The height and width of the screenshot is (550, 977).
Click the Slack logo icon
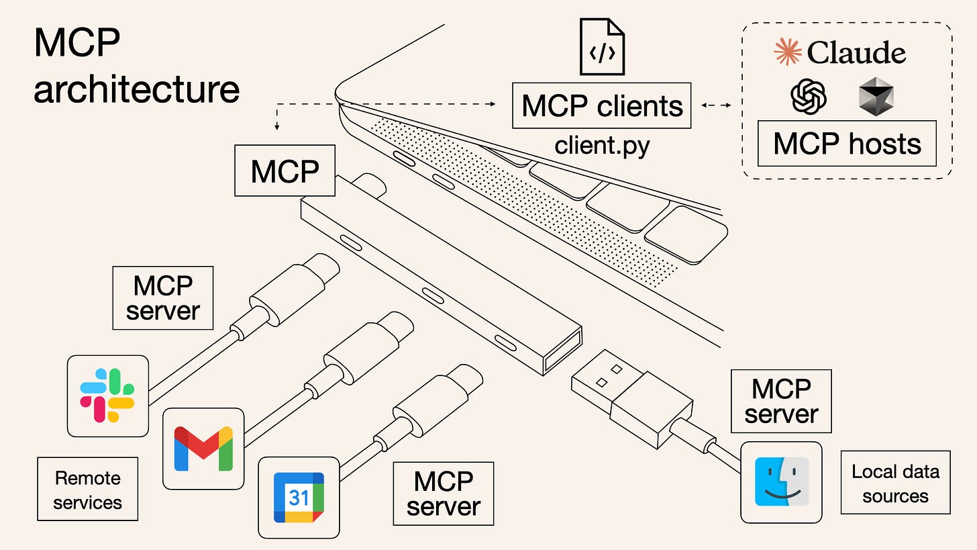coord(107,396)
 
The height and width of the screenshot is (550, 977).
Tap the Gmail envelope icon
coord(203,448)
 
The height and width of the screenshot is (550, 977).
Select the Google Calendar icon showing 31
coord(299,498)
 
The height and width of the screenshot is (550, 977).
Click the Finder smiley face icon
coord(782,482)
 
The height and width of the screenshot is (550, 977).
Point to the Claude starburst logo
coord(788,52)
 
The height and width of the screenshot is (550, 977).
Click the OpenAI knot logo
coord(809,96)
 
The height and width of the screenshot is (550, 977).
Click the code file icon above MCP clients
coord(602,48)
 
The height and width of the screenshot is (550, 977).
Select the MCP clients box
coord(602,105)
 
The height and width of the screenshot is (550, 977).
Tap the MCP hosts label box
coord(847,143)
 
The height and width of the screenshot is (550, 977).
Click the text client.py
coord(602,144)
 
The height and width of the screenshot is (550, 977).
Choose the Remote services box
coord(87,490)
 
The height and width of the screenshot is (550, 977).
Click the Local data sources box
coord(895,483)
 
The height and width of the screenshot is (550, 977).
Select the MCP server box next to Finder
coord(781,401)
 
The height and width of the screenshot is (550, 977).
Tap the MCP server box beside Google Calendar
coord(443,494)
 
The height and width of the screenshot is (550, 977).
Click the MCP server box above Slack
coord(163,298)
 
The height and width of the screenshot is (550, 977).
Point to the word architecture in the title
coord(136,89)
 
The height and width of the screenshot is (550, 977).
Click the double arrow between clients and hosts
coord(716,105)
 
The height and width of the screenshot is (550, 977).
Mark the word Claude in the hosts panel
coord(856,52)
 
